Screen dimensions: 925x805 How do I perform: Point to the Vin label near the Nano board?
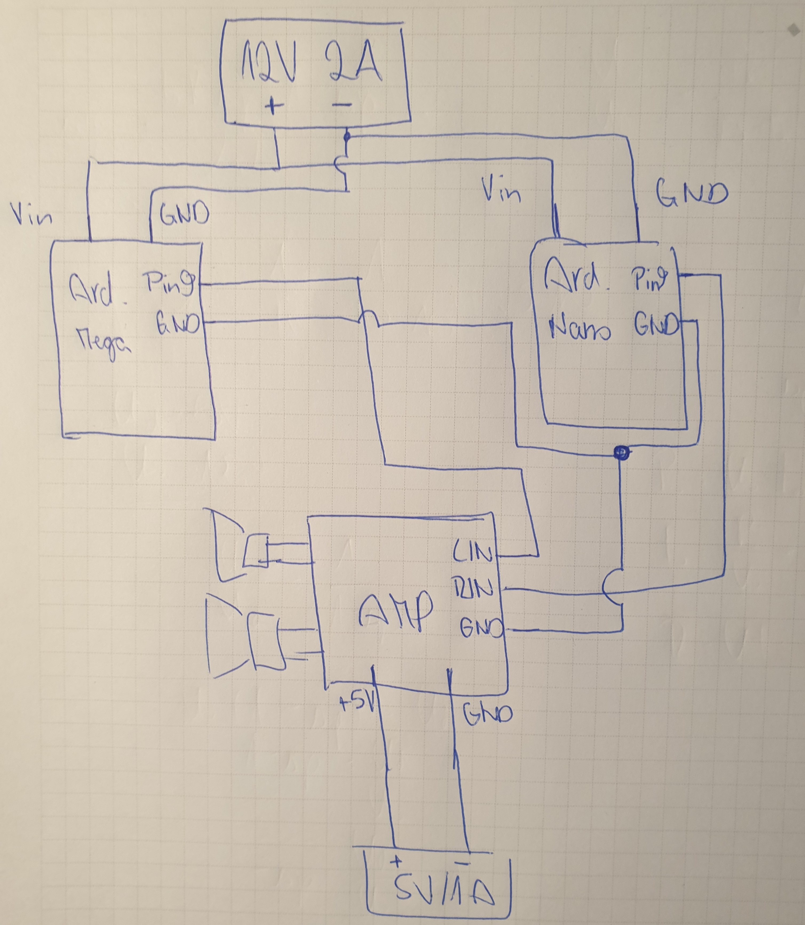[x=501, y=191]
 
